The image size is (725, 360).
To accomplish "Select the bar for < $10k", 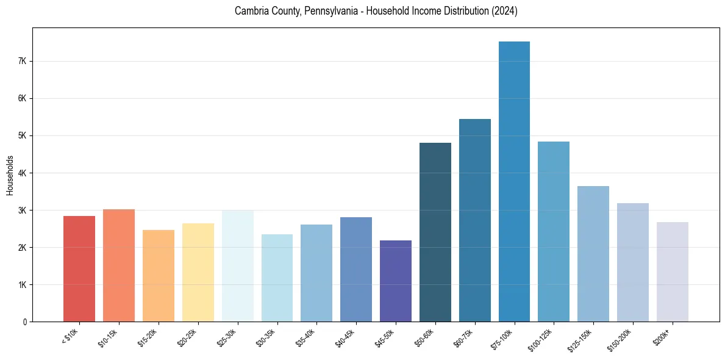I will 79,268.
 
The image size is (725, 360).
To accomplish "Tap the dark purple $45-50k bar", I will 396,281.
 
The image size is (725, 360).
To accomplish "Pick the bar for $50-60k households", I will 435,232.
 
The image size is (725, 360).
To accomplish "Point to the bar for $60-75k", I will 475,220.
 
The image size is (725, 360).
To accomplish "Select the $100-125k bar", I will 554,231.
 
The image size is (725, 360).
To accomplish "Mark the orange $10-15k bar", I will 119,265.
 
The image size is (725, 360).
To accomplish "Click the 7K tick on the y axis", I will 22,61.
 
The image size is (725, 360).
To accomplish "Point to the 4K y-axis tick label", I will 22,173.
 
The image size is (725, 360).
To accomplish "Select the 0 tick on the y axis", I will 24,322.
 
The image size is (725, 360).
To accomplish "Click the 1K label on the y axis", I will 22,285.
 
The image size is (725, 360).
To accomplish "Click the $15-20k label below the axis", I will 148,337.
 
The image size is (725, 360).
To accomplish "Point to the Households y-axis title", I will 10,175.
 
